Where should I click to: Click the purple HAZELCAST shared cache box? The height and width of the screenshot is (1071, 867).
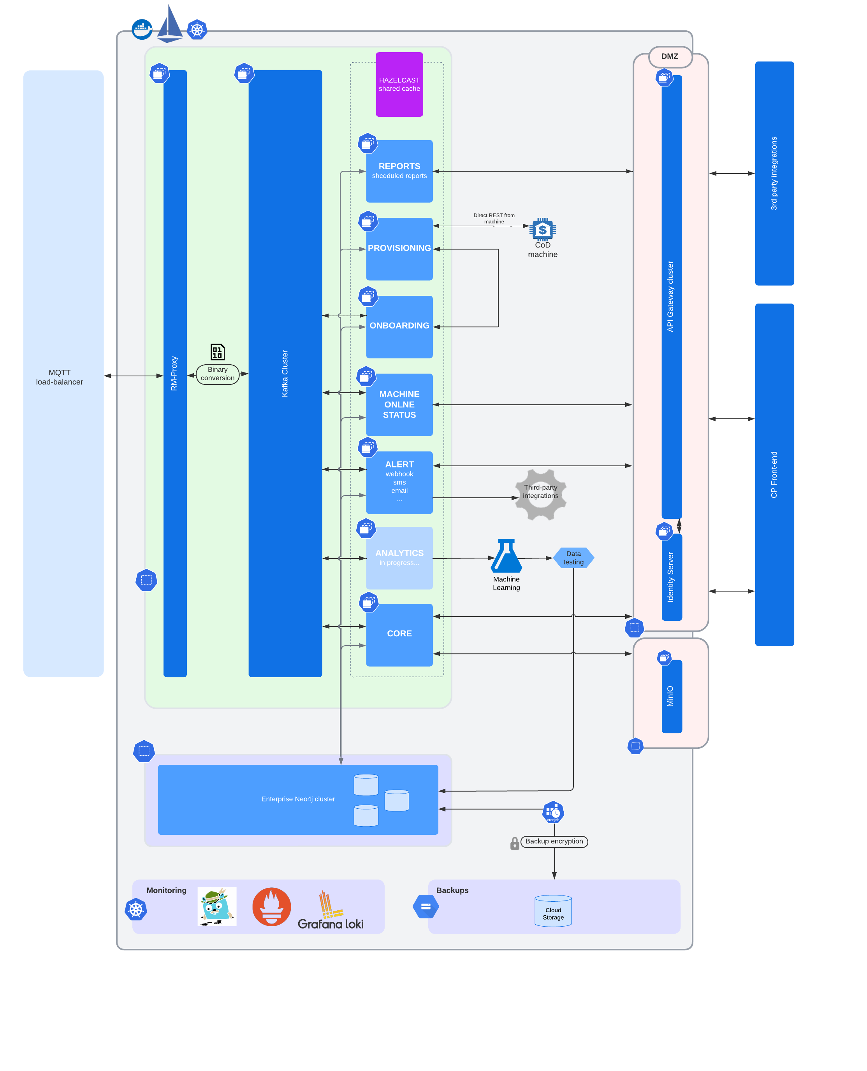(x=399, y=84)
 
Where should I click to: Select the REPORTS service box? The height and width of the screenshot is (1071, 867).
(x=399, y=171)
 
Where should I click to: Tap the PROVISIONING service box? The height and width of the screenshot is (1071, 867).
(x=399, y=249)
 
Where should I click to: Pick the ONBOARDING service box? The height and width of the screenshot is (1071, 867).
(x=399, y=326)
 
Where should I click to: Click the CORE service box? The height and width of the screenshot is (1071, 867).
(x=399, y=634)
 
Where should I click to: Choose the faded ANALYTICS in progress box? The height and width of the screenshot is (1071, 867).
(x=399, y=558)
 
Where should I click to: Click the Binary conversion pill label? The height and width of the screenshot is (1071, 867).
(x=217, y=374)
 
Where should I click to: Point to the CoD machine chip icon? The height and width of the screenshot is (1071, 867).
(x=542, y=230)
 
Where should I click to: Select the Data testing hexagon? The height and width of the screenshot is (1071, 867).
(x=573, y=558)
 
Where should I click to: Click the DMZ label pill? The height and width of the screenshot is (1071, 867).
(x=670, y=56)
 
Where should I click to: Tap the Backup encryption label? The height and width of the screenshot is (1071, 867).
(x=554, y=841)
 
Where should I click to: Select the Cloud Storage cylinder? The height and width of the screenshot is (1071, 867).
(x=553, y=911)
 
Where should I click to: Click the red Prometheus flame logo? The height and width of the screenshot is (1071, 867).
(x=271, y=906)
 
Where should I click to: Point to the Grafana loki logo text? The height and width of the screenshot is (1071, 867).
(x=330, y=924)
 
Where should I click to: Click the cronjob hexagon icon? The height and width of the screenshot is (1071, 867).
(x=553, y=812)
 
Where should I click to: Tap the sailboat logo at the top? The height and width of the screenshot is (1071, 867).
(x=170, y=24)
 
